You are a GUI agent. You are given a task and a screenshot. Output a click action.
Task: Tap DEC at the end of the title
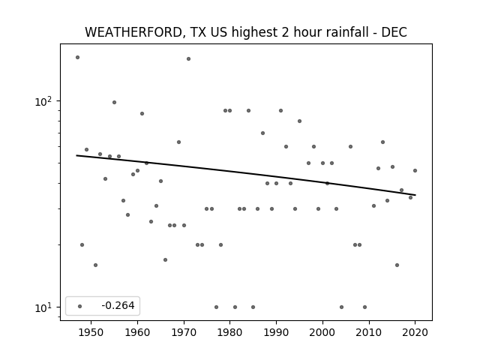[394, 32]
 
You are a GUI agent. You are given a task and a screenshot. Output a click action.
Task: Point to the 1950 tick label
[91, 332]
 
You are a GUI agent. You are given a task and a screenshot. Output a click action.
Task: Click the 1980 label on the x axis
[229, 332]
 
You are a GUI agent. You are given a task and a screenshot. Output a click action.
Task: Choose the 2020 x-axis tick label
[415, 332]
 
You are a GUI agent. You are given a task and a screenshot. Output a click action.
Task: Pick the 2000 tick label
[322, 332]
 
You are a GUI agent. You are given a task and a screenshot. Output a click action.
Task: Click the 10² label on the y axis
[43, 100]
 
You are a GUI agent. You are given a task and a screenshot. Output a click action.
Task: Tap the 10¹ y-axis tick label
[43, 307]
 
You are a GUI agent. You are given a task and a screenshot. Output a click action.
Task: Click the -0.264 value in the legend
[118, 305]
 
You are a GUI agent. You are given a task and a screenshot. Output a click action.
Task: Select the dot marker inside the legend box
[80, 306]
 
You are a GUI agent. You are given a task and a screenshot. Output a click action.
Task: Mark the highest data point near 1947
[77, 57]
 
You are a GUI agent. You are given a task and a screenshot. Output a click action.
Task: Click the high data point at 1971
[188, 58]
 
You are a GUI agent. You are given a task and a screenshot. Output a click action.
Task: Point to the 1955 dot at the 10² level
[114, 102]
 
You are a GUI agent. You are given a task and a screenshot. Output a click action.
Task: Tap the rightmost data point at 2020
[415, 170]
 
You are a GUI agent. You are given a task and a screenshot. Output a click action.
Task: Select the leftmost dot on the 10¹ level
[217, 307]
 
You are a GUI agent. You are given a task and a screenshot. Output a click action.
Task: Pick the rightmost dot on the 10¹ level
[365, 307]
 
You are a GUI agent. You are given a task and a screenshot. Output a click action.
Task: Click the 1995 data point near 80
[300, 121]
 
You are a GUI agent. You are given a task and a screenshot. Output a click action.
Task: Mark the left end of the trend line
[76, 155]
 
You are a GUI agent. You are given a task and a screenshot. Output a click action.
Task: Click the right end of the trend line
[415, 195]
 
